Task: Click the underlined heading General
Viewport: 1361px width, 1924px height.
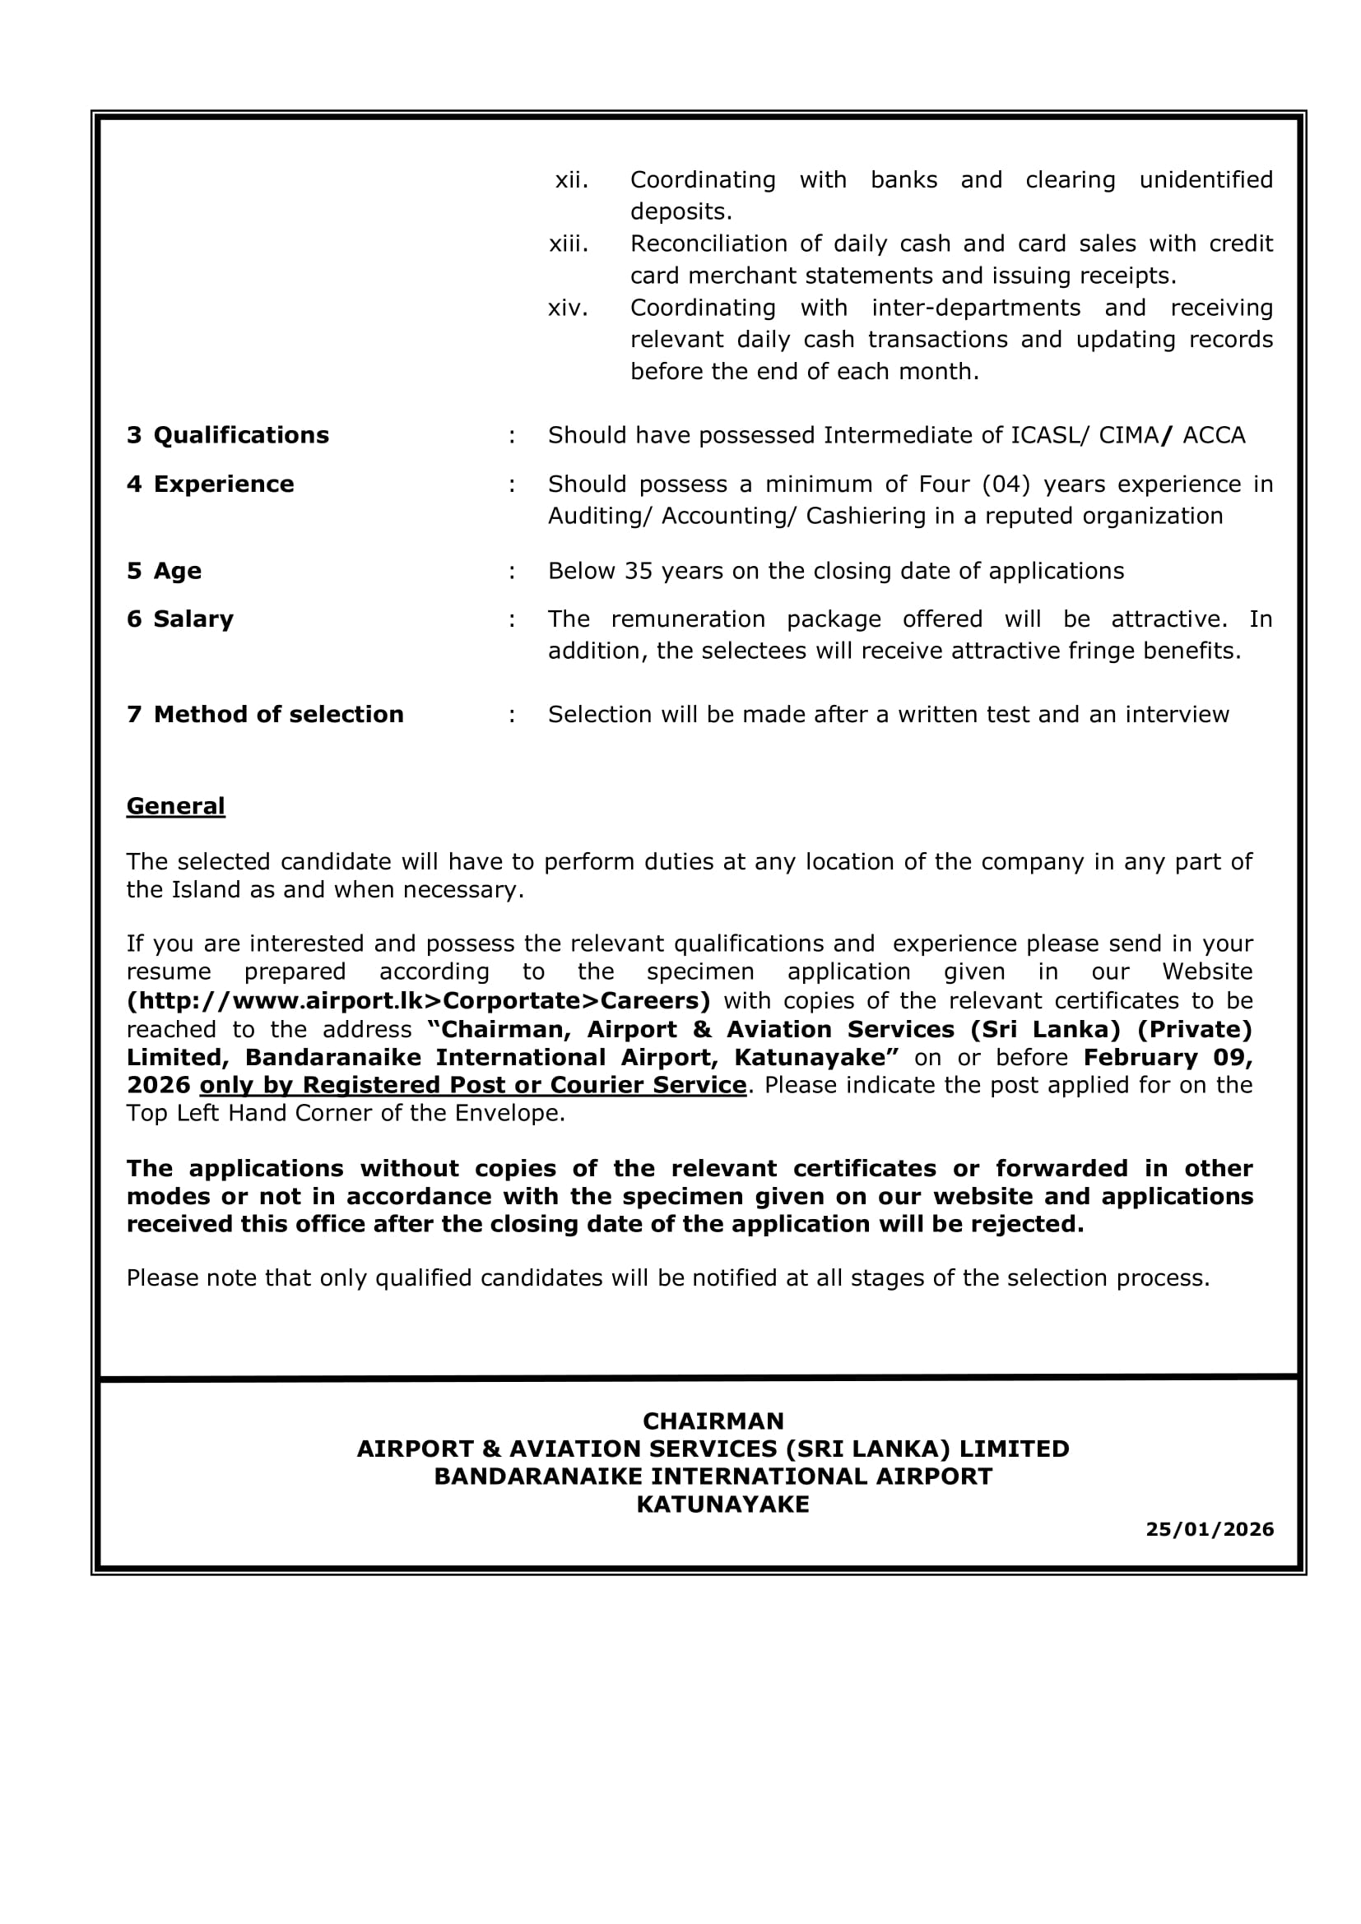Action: (x=175, y=806)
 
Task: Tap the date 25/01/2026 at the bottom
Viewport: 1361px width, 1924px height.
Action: (x=1210, y=1529)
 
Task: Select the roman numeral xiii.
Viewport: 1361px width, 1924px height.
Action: (x=569, y=243)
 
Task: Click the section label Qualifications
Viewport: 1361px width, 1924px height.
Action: (x=240, y=435)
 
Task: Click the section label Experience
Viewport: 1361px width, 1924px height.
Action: (x=223, y=484)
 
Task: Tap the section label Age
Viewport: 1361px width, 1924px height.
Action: (x=177, y=571)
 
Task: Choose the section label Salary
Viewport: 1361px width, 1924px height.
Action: (x=193, y=619)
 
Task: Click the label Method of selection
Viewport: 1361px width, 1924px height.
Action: (x=278, y=715)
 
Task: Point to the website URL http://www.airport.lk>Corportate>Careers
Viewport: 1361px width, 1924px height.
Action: (x=418, y=1000)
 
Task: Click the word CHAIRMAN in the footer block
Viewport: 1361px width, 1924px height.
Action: (x=713, y=1421)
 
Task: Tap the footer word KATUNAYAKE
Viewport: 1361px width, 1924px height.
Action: (x=722, y=1504)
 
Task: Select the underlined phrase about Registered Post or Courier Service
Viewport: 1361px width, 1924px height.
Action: (x=472, y=1085)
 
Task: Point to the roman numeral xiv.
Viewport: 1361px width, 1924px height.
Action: (x=569, y=308)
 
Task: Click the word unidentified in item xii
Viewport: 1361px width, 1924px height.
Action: (x=1205, y=180)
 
